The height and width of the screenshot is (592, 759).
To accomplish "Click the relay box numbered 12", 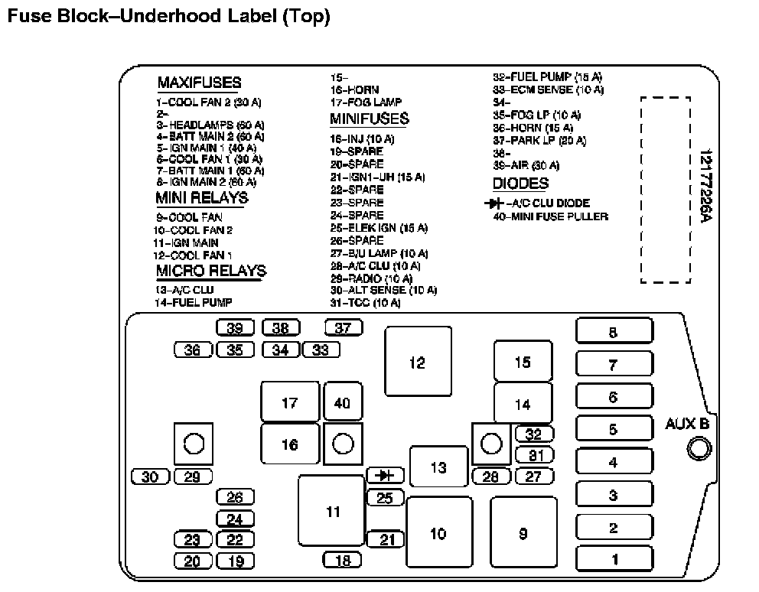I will (x=417, y=362).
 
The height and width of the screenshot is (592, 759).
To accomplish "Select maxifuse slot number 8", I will (x=614, y=332).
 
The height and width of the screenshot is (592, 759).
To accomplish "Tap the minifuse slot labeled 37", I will (x=343, y=328).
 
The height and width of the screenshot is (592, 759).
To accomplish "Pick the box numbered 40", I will (x=342, y=402).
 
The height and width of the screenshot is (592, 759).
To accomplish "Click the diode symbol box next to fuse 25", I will (x=386, y=476).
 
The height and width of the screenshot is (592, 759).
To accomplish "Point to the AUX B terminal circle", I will (x=699, y=449).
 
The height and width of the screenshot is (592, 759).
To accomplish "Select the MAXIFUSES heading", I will (x=199, y=83).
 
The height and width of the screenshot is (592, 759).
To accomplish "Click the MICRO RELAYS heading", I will (x=211, y=272).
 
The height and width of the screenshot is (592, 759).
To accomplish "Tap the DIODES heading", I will (x=520, y=184).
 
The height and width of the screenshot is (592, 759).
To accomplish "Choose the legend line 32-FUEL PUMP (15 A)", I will (x=547, y=77).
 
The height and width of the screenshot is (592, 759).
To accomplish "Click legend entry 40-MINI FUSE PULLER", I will (x=550, y=216).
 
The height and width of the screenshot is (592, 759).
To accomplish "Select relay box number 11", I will (x=331, y=511).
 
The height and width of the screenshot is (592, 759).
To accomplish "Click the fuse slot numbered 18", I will (x=342, y=561).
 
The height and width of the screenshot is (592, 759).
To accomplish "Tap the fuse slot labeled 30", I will (x=150, y=477).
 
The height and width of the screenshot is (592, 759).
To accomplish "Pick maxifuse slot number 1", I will (x=614, y=559).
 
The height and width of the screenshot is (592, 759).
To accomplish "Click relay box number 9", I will (x=523, y=533).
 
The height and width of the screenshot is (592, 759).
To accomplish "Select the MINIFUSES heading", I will (x=369, y=119).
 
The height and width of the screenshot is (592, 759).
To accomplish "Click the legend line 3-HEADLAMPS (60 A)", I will (x=210, y=125).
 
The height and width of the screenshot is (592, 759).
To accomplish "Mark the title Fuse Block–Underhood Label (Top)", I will (x=168, y=17).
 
